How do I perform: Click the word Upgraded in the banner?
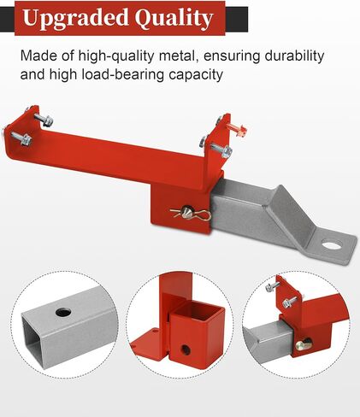coord(75,18)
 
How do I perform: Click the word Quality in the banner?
coord(174,19)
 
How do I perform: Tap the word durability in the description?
coord(294,56)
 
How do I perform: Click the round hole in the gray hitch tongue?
coord(332,244)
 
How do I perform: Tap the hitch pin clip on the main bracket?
coord(191,214)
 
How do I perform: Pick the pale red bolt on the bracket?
coord(236,128)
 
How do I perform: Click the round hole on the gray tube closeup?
coord(63,312)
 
